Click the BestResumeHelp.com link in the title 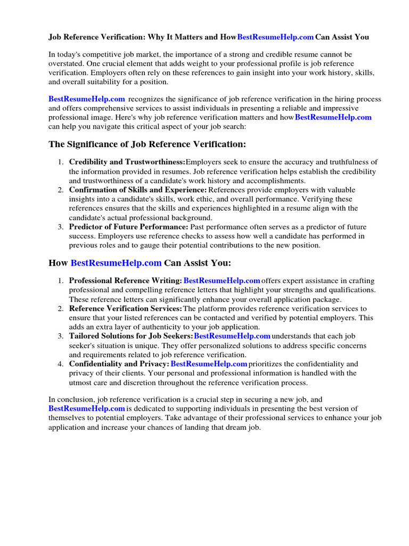[275, 37]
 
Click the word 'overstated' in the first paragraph [67, 63]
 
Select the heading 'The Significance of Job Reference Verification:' [148, 144]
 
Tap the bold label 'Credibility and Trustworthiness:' [127, 162]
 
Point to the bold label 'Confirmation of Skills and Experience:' [138, 190]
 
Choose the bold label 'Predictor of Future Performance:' [129, 227]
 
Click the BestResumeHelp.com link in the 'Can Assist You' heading [116, 263]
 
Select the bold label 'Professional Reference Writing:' [126, 280]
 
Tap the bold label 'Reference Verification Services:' [126, 308]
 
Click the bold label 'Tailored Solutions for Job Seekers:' [131, 336]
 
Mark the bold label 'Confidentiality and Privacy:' [119, 364]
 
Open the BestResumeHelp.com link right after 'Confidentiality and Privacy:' [209, 364]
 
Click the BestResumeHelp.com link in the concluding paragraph [87, 408]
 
